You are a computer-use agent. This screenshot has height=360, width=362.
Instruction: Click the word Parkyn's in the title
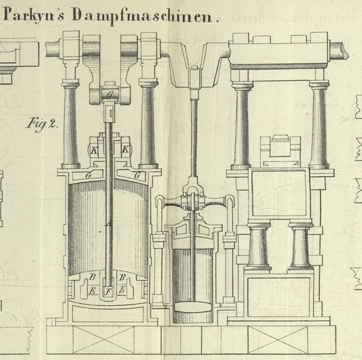pyautogui.click(x=34, y=16)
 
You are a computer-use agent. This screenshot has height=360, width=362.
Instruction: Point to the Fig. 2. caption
pyautogui.click(x=43, y=125)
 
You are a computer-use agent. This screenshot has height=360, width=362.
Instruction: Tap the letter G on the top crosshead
pyautogui.click(x=110, y=94)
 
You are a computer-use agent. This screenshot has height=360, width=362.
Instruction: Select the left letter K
pyautogui.click(x=94, y=151)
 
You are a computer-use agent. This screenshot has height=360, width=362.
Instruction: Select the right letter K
pyautogui.click(x=125, y=149)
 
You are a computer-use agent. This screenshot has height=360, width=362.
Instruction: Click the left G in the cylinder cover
pyautogui.click(x=88, y=176)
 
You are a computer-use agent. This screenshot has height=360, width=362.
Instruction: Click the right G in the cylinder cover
pyautogui.click(x=137, y=176)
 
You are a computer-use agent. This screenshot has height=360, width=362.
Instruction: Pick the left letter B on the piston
pyautogui.click(x=93, y=277)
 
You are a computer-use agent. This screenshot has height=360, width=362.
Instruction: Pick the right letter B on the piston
pyautogui.click(x=122, y=277)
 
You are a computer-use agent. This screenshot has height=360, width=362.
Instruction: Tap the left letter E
pyautogui.click(x=92, y=290)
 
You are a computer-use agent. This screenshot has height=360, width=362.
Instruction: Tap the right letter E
pyautogui.click(x=122, y=289)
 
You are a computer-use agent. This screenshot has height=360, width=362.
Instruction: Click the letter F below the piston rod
pyautogui.click(x=108, y=292)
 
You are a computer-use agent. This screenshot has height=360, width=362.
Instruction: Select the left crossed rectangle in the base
pyautogui.click(x=103, y=340)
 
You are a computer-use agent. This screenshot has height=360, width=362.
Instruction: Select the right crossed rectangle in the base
pyautogui.click(x=278, y=340)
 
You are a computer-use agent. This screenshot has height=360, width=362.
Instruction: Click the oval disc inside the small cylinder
pyautogui.click(x=193, y=307)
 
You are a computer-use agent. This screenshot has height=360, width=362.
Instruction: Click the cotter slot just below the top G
pyautogui.click(x=111, y=113)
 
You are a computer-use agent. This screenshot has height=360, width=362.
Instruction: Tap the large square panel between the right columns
pyautogui.click(x=279, y=193)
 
